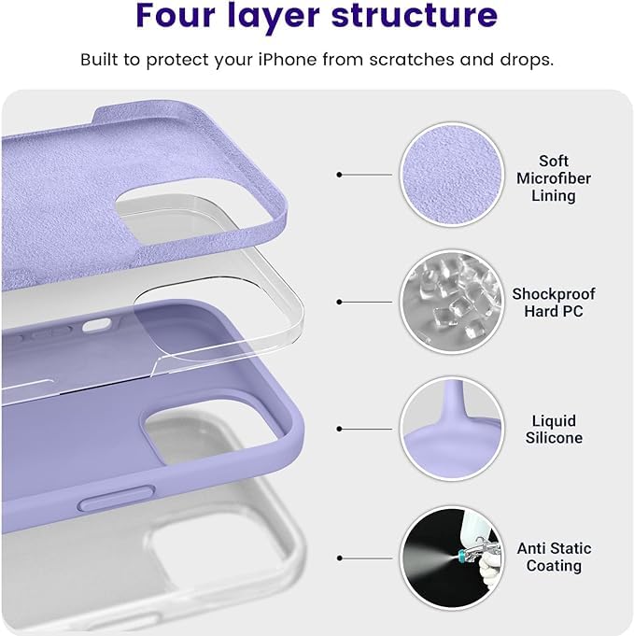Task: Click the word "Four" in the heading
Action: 176,15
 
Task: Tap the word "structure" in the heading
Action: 415,15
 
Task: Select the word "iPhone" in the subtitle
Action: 288,60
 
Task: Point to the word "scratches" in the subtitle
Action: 412,60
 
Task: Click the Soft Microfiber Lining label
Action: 554,178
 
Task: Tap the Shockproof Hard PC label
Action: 554,303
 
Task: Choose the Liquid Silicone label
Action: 554,430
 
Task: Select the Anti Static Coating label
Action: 554,557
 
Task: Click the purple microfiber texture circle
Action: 452,175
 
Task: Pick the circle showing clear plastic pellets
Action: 452,303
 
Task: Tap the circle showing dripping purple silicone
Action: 452,430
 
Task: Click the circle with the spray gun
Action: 452,558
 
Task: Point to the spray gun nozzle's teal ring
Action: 461,555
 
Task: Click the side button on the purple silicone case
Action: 117,498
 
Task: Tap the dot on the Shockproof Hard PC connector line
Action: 340,303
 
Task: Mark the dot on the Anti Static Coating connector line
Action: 340,558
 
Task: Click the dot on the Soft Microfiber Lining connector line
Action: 340,175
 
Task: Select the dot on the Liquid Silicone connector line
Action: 340,430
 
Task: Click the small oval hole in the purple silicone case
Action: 96,325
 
